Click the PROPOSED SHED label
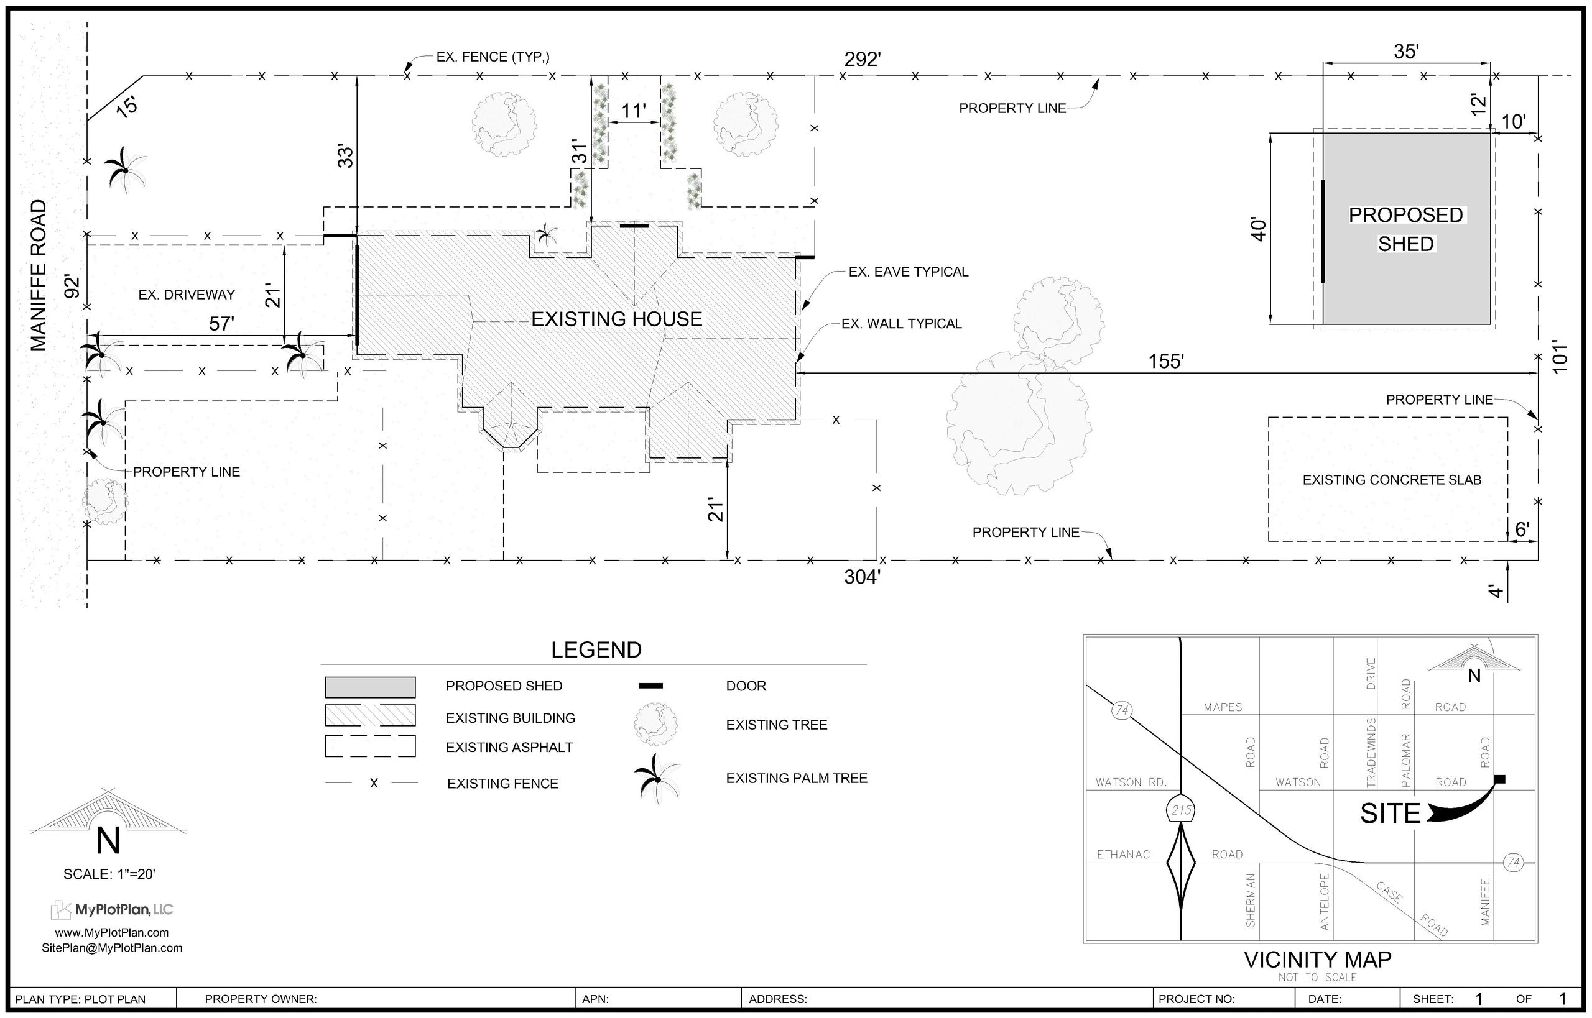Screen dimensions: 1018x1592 pyautogui.click(x=1405, y=229)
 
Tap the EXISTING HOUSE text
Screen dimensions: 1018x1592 pyautogui.click(x=616, y=319)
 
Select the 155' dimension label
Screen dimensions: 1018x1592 pyautogui.click(x=1165, y=362)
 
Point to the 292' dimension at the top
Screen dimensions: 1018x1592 pyautogui.click(x=862, y=60)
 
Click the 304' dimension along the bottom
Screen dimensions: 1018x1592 pyautogui.click(x=862, y=577)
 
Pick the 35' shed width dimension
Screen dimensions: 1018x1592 pyautogui.click(x=1406, y=52)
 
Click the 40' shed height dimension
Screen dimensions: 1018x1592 pyautogui.click(x=1259, y=229)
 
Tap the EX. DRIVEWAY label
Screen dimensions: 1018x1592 pyautogui.click(x=187, y=295)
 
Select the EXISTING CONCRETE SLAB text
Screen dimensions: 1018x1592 pyautogui.click(x=1392, y=480)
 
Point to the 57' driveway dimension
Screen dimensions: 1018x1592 pyautogui.click(x=221, y=324)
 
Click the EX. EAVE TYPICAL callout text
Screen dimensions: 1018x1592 pyautogui.click(x=908, y=272)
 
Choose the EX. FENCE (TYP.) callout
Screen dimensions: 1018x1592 pyautogui.click(x=493, y=57)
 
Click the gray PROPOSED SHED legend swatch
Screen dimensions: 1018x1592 pyautogui.click(x=370, y=687)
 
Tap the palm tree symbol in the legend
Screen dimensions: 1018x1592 pyautogui.click(x=657, y=779)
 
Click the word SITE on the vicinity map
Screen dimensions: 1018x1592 pyautogui.click(x=1391, y=814)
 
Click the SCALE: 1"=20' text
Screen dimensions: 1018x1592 pyautogui.click(x=109, y=874)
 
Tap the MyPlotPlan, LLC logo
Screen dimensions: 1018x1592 pyautogui.click(x=113, y=910)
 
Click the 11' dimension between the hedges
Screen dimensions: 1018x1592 pyautogui.click(x=633, y=111)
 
